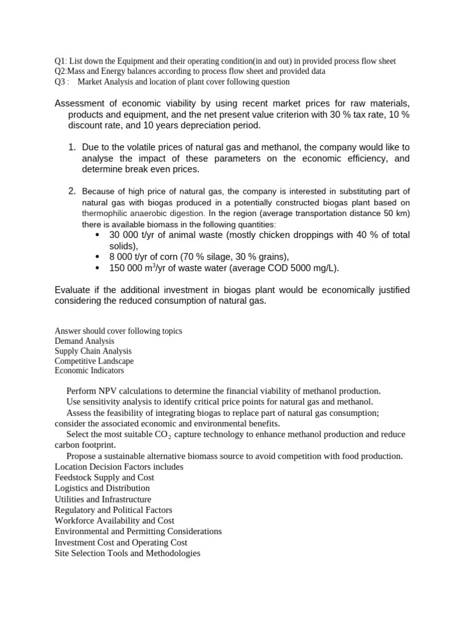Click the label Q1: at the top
click(x=61, y=61)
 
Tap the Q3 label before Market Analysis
click(x=61, y=82)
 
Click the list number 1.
click(x=71, y=147)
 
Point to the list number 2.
click(x=71, y=191)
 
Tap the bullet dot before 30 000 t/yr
click(x=99, y=235)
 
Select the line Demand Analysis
click(x=84, y=341)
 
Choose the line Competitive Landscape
click(x=94, y=361)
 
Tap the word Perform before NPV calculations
click(x=82, y=391)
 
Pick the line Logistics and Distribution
click(x=102, y=488)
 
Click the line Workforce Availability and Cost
click(x=114, y=521)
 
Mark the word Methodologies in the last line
click(x=170, y=553)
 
